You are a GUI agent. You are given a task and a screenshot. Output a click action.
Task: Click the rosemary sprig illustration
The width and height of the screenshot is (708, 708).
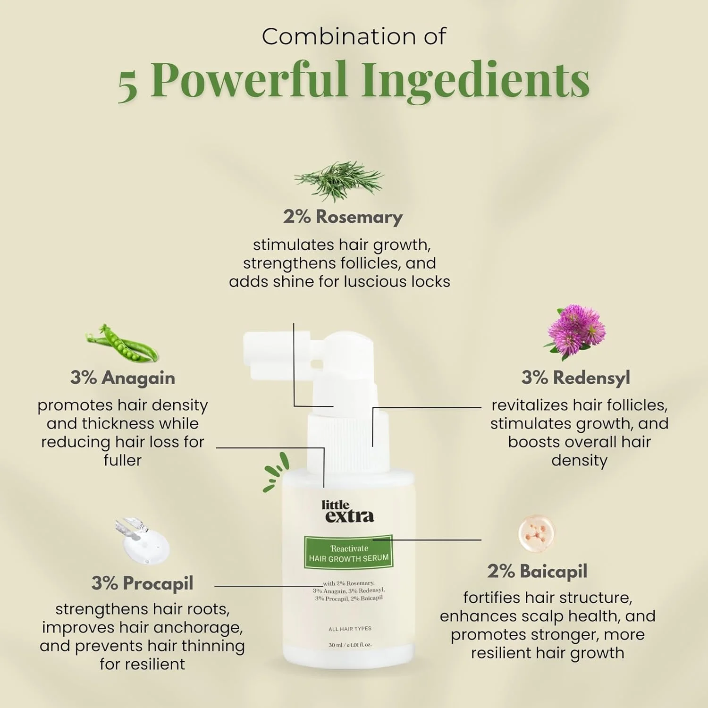point(339,181)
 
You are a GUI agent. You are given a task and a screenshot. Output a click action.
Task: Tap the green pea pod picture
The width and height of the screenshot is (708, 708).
point(122,344)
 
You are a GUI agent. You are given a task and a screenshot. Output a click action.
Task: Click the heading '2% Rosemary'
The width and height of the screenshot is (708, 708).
point(343,217)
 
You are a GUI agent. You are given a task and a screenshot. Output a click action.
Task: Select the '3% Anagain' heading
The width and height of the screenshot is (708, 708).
point(123,378)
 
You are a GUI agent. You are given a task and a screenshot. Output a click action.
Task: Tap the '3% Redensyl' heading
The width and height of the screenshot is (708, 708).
point(575,378)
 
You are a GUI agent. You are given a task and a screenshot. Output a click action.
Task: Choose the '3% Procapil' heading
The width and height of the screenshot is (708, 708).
point(143,583)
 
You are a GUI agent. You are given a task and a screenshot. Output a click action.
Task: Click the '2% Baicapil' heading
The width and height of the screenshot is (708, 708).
point(537,571)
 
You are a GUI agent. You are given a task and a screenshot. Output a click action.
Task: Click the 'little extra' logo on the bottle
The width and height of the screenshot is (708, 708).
point(348,512)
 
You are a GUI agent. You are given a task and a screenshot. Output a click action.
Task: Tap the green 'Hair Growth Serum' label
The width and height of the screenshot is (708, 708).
point(349,553)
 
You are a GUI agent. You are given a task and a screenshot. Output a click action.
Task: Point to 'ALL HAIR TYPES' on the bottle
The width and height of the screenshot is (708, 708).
point(350,629)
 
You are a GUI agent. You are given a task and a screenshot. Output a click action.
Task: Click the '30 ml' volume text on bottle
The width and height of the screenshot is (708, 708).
point(336,645)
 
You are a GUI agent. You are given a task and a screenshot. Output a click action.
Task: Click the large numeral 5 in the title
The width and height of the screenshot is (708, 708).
point(127,86)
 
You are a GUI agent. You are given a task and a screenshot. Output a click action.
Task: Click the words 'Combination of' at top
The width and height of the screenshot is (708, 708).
point(354,37)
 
